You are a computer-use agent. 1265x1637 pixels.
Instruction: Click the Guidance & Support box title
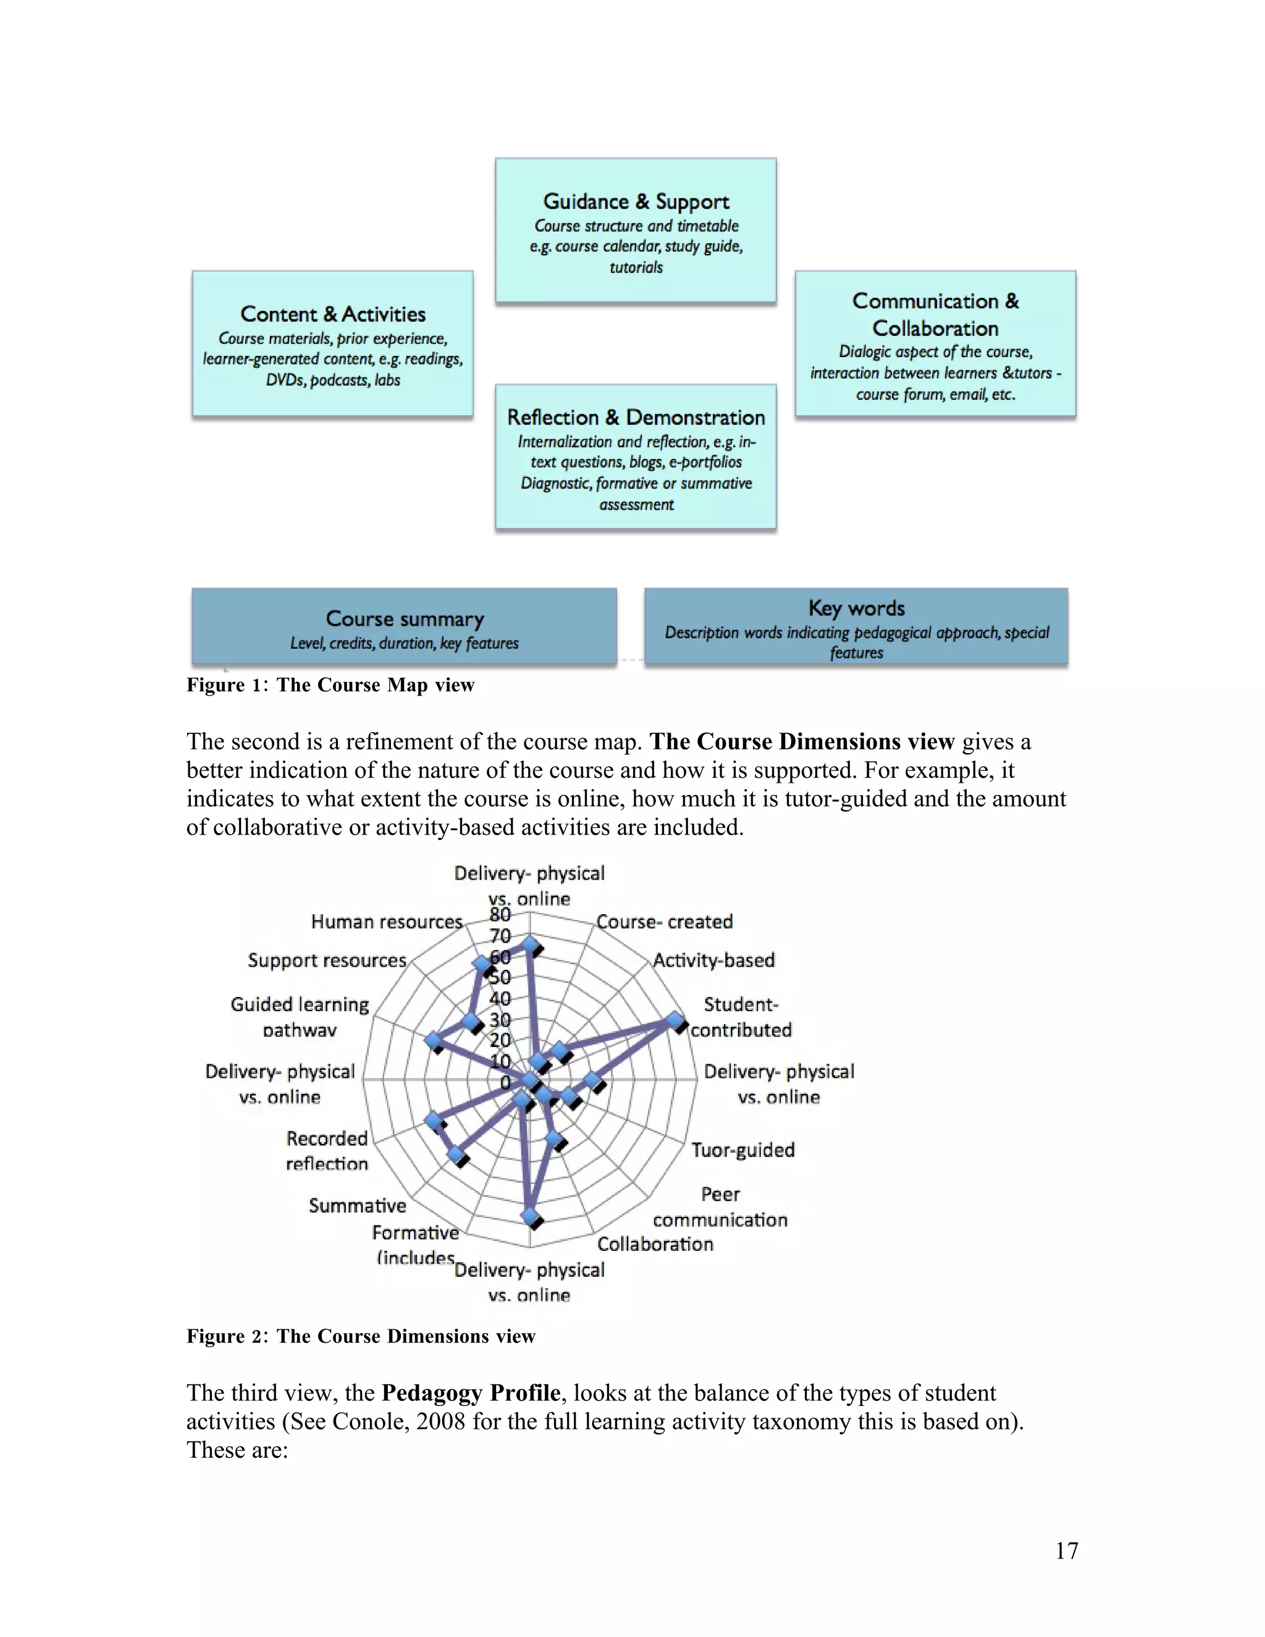pos(636,201)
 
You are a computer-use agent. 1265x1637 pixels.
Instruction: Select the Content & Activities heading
pos(333,314)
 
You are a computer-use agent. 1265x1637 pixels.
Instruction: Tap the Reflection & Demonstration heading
pos(636,418)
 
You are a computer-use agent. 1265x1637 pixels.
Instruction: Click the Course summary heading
pos(405,619)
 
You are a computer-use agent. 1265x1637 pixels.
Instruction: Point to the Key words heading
pos(856,608)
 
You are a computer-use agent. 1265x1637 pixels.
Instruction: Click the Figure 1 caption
pos(330,685)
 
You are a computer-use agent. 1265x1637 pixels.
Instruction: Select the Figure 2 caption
pos(361,1336)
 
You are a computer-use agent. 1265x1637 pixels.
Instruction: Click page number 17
pos(1066,1551)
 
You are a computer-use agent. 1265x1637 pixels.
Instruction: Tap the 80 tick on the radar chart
pos(500,914)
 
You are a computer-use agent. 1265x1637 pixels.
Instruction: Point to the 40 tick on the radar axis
pos(500,998)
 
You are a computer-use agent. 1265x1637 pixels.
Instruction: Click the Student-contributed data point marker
pos(675,1021)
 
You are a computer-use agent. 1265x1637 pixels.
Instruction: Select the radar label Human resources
pos(387,922)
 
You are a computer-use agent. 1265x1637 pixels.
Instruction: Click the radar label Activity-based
pos(713,960)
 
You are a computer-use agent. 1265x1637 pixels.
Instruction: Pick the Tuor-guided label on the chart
pos(742,1150)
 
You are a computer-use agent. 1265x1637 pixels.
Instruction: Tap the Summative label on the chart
pos(358,1205)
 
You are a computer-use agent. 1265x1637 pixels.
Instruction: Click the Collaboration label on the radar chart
pos(655,1244)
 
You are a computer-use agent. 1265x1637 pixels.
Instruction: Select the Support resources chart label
pos(327,960)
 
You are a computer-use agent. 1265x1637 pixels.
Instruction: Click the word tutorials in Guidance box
pos(636,267)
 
